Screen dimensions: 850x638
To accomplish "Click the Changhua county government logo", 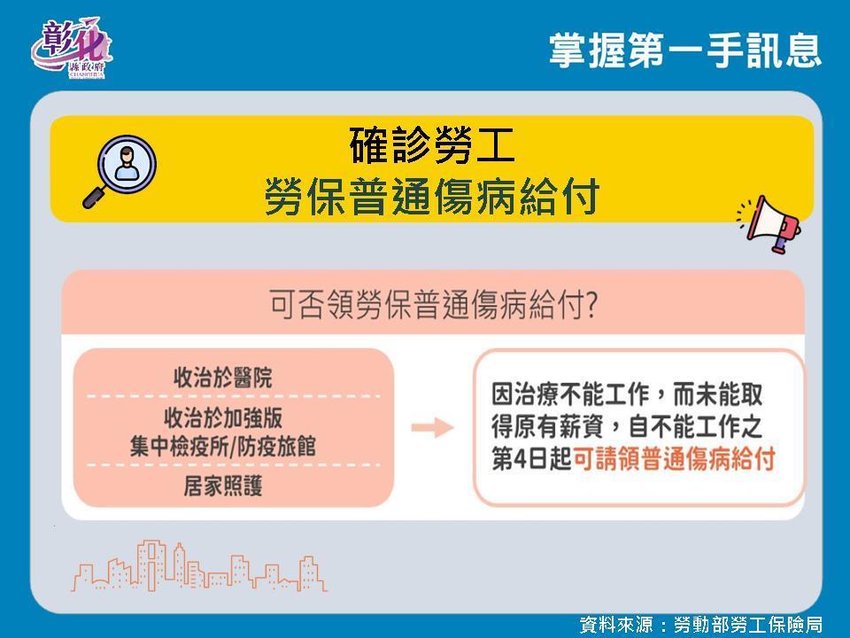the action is click(x=71, y=49).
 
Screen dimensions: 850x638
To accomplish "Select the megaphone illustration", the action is click(x=769, y=223).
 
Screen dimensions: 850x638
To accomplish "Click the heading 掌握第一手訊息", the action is click(x=684, y=50).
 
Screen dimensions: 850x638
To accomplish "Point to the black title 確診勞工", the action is click(x=432, y=145).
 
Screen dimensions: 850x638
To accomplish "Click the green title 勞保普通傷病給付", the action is click(x=432, y=196).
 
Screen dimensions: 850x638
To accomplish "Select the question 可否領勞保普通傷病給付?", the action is click(x=434, y=304).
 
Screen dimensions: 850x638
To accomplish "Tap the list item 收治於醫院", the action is click(x=223, y=377).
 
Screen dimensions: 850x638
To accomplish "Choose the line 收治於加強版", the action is click(x=223, y=418).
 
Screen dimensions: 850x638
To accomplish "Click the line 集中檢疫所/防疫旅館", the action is click(x=223, y=447).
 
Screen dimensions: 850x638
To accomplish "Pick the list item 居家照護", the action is click(x=223, y=486).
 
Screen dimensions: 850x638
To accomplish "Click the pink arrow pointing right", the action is click(x=432, y=428).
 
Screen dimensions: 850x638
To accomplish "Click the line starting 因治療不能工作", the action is click(x=627, y=394).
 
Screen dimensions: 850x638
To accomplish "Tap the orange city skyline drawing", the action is click(x=199, y=565).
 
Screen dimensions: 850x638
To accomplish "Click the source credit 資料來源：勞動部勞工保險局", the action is click(x=700, y=625).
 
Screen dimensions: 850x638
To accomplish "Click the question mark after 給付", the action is click(x=592, y=305).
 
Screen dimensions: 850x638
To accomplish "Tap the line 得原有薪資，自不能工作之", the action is click(x=627, y=427).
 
